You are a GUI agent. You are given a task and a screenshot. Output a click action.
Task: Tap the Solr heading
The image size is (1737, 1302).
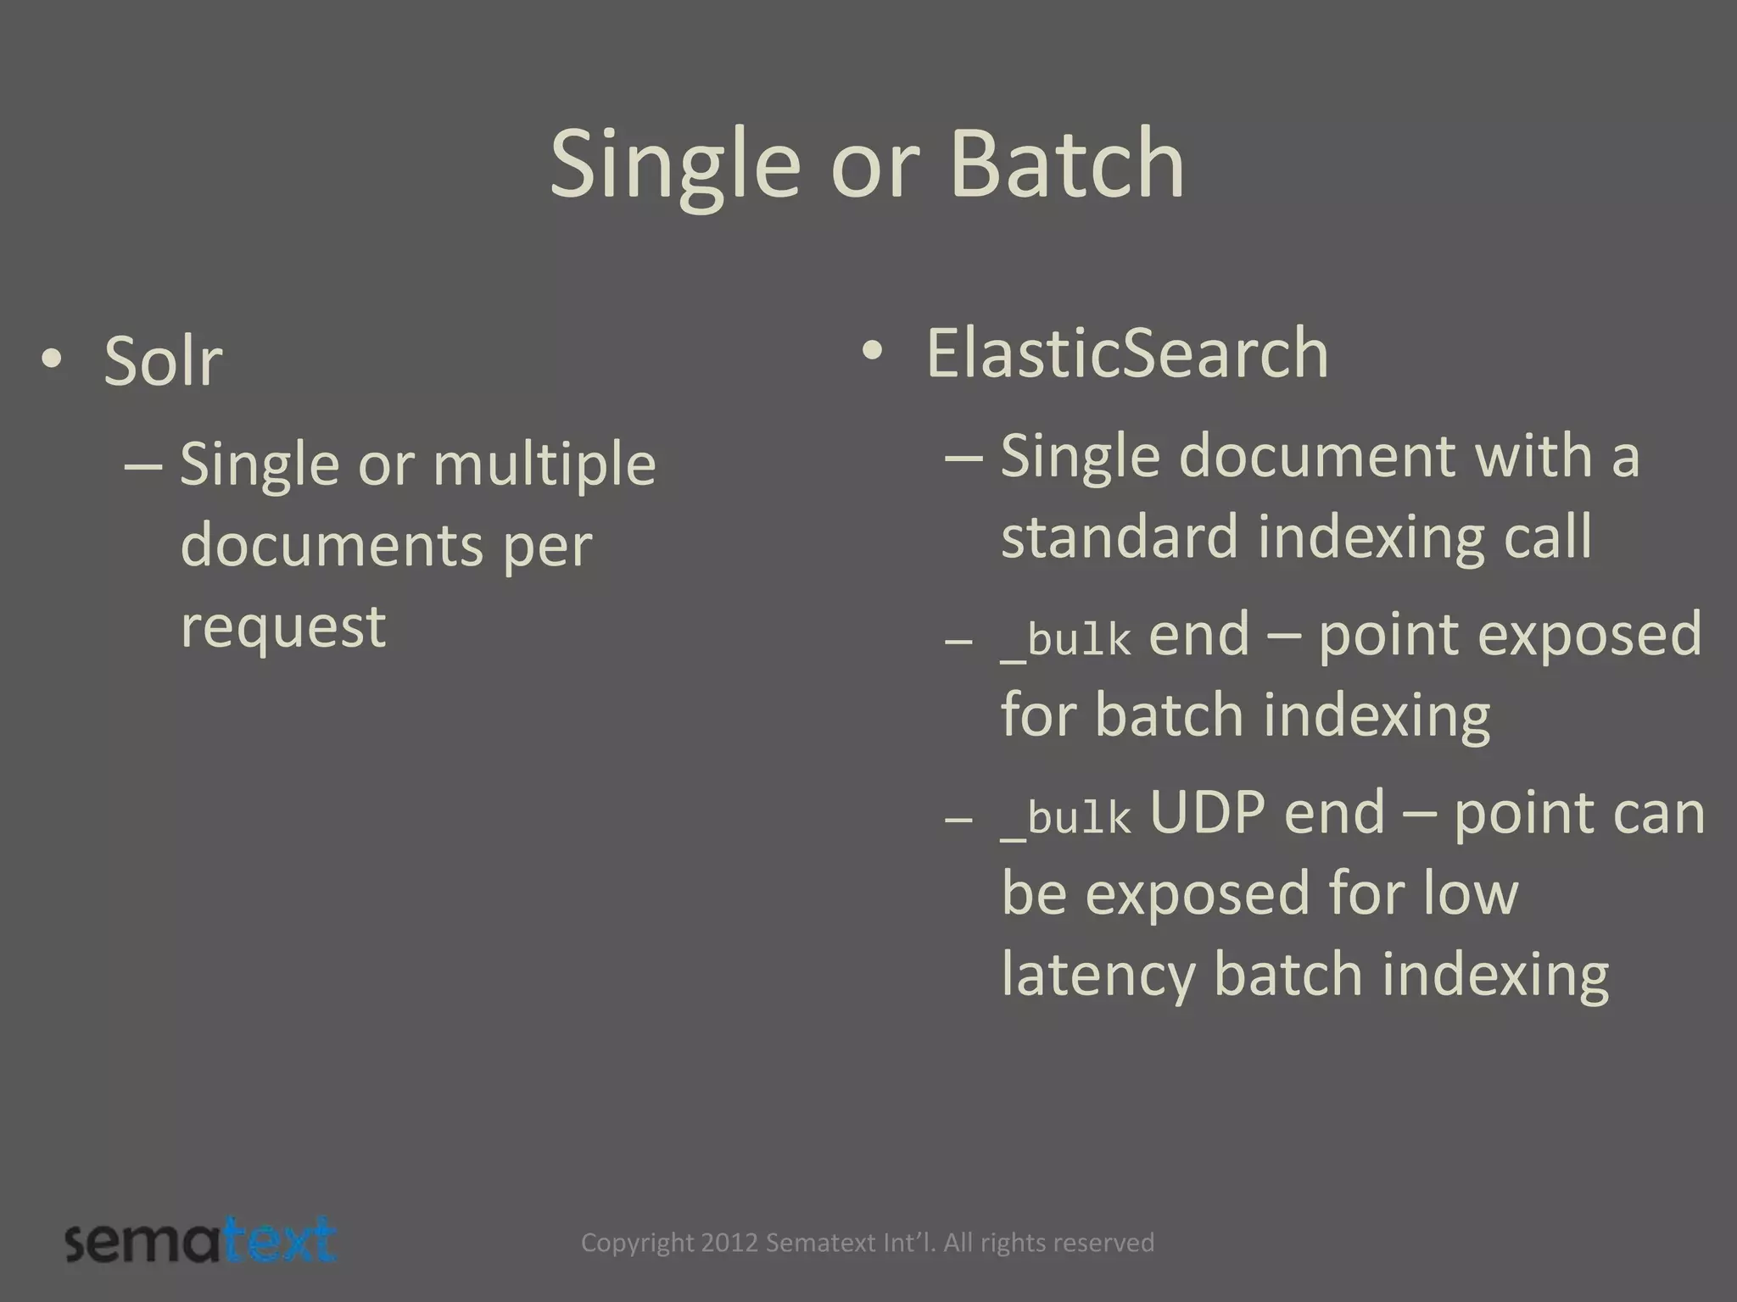(x=163, y=361)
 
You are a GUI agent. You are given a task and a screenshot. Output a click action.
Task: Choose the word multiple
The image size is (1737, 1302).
(x=545, y=465)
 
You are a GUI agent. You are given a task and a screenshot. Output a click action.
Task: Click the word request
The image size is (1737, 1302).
(x=283, y=627)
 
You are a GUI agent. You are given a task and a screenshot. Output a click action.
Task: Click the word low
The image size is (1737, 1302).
(x=1469, y=893)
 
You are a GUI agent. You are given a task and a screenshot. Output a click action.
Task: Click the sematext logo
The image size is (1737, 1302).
(x=201, y=1242)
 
